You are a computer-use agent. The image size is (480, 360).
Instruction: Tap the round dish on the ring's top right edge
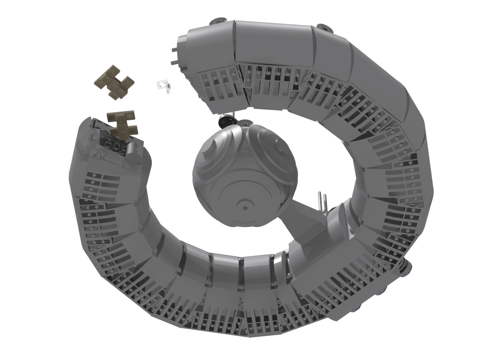tap(323, 27)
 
